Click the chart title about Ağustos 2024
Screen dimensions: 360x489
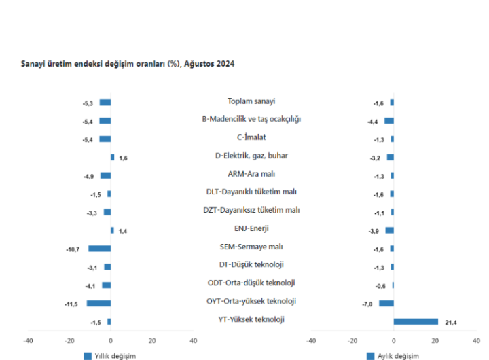click(128, 62)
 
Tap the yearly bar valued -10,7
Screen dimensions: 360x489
click(99, 249)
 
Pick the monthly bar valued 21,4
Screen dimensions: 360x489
click(416, 321)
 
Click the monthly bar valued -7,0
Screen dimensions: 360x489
click(386, 303)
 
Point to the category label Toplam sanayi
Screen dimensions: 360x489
click(251, 101)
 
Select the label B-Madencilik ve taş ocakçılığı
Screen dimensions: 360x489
click(251, 119)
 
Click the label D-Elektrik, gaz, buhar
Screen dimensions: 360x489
click(251, 156)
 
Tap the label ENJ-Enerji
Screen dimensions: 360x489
click(251, 228)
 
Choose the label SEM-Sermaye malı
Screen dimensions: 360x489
click(251, 247)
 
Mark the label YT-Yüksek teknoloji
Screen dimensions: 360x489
click(251, 319)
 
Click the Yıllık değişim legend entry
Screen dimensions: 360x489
click(110, 355)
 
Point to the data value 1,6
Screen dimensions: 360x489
click(123, 158)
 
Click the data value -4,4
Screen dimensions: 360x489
click(372, 121)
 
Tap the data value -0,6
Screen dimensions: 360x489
click(382, 285)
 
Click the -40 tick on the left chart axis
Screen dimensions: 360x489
click(28, 340)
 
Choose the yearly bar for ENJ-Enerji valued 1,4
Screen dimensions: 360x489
click(112, 230)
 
